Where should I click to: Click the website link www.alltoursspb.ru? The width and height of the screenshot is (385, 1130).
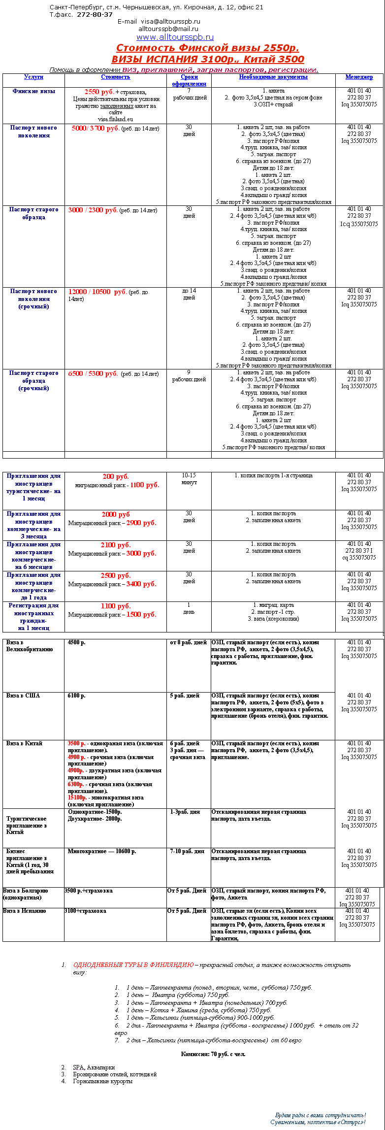175,37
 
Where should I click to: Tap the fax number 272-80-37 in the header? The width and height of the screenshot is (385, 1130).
95,15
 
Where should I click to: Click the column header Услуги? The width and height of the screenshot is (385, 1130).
33,77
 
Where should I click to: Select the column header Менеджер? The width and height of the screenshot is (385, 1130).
359,77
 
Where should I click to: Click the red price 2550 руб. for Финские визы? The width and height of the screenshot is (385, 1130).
99,92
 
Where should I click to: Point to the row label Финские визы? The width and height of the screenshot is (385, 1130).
34,91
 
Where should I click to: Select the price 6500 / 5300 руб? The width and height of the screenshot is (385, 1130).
93,373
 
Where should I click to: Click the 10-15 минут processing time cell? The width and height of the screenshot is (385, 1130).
189,479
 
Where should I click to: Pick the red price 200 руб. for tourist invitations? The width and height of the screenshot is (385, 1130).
116,476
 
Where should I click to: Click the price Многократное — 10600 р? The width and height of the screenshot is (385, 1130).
102,851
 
